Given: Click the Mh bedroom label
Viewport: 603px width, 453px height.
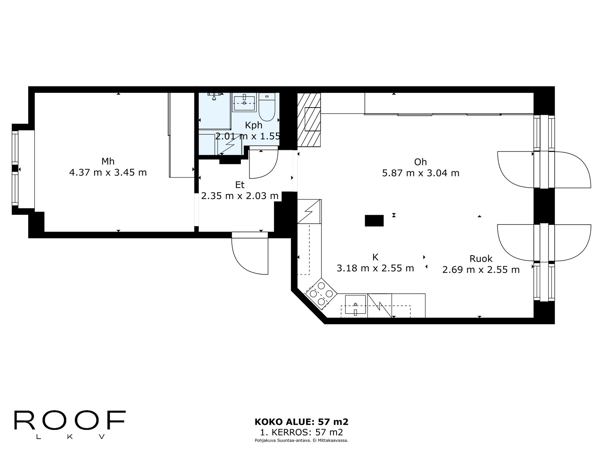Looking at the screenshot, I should (108, 162).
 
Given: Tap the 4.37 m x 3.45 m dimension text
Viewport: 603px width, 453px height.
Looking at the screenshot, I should (108, 173).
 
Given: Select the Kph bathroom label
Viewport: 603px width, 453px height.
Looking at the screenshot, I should (253, 125).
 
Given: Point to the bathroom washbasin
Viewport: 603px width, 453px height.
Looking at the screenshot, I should (244, 102).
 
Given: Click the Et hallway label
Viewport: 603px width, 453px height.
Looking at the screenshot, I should (240, 185).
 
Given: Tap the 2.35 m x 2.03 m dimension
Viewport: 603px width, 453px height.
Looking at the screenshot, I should (240, 196).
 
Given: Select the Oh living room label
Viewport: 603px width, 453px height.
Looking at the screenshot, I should (420, 162).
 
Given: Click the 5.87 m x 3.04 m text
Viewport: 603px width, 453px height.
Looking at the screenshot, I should (420, 173).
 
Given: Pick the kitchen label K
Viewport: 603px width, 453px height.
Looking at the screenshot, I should (375, 257).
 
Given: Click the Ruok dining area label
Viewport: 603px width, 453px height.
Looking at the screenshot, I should (481, 259).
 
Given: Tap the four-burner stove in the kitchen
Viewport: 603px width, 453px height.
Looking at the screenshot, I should (321, 294).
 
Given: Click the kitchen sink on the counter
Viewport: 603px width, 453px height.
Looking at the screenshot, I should (355, 305).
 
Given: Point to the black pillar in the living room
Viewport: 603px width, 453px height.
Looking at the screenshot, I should (374, 220).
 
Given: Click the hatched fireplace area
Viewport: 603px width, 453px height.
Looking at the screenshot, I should (309, 120).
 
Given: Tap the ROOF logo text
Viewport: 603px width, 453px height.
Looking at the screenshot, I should (70, 421).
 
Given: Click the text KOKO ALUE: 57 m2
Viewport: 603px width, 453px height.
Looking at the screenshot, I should (301, 422).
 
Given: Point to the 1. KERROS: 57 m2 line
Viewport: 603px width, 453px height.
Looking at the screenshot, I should (301, 432).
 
